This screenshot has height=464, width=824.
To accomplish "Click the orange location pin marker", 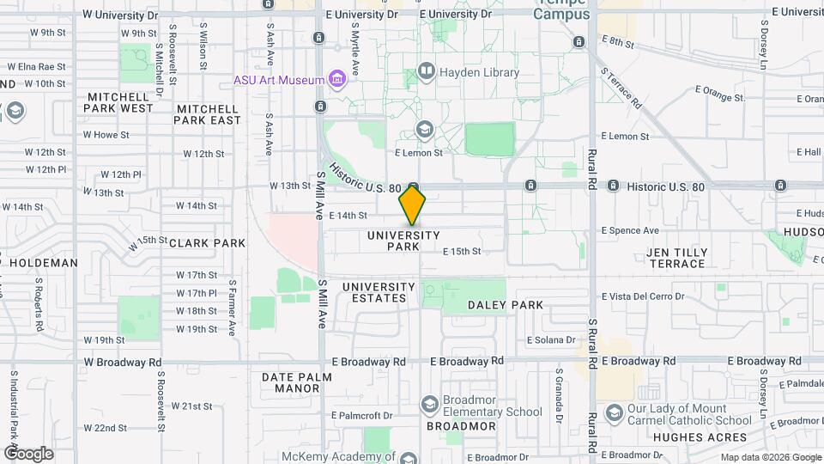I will point(413,206).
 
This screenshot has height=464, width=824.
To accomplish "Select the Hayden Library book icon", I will point(426,71).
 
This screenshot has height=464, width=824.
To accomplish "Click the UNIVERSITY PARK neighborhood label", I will point(403,241).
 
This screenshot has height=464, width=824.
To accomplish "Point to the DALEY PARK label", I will point(506,305).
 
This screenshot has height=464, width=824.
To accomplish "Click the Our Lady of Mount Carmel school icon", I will point(614,414).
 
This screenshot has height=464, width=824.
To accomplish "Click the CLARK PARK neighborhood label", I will point(208,243).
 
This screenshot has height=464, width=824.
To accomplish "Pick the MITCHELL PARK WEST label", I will point(119,102).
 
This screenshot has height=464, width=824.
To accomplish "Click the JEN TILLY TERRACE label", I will point(678,258).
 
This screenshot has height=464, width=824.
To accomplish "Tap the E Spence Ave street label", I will point(630,230).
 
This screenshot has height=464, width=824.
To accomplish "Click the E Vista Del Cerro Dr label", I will point(643,296).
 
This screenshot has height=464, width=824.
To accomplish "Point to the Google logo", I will point(28,453).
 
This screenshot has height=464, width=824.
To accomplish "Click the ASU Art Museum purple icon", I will point(337,81).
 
